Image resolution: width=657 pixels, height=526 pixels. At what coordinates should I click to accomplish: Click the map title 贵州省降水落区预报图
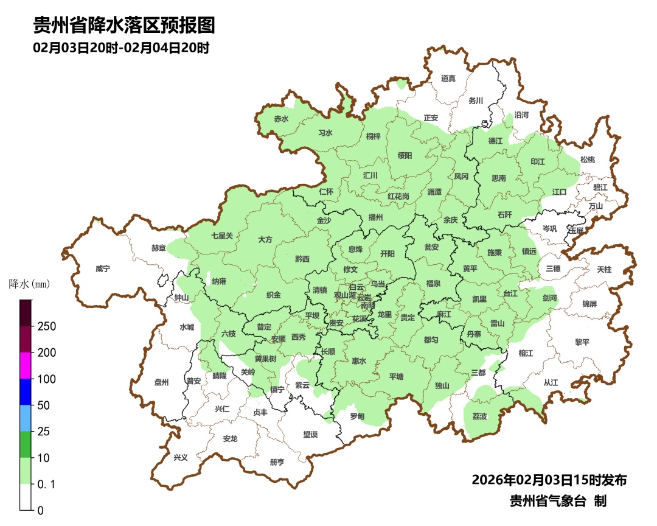[x=124, y=26]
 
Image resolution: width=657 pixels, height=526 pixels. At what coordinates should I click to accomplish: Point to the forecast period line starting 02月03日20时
[x=121, y=48]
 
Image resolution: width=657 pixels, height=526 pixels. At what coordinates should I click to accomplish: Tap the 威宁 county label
[x=103, y=268]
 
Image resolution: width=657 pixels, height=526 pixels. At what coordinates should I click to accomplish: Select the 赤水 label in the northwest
[x=280, y=119]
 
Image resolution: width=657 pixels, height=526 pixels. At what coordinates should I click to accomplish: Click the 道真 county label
[x=448, y=78]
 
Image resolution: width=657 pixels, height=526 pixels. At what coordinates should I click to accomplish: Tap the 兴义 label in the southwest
[x=181, y=458]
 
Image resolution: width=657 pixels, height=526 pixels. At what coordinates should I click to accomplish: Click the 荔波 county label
[x=479, y=416]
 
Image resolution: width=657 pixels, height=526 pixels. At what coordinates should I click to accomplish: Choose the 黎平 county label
[x=582, y=342]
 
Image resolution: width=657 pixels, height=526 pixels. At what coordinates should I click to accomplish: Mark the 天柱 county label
[x=604, y=269]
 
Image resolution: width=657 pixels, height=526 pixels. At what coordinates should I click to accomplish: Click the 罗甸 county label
[x=357, y=416]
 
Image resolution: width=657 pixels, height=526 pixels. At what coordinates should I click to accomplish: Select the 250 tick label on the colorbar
[x=47, y=326]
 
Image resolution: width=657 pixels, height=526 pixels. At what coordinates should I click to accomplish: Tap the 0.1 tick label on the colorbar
[x=47, y=484]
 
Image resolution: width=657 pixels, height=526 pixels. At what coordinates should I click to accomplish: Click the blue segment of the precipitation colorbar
[x=26, y=391]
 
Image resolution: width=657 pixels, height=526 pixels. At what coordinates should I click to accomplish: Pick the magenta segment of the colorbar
[x=26, y=365]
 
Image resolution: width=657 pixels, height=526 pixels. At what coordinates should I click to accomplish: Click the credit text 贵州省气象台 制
[x=557, y=501]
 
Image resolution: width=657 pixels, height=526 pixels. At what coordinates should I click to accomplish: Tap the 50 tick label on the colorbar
[x=43, y=405]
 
